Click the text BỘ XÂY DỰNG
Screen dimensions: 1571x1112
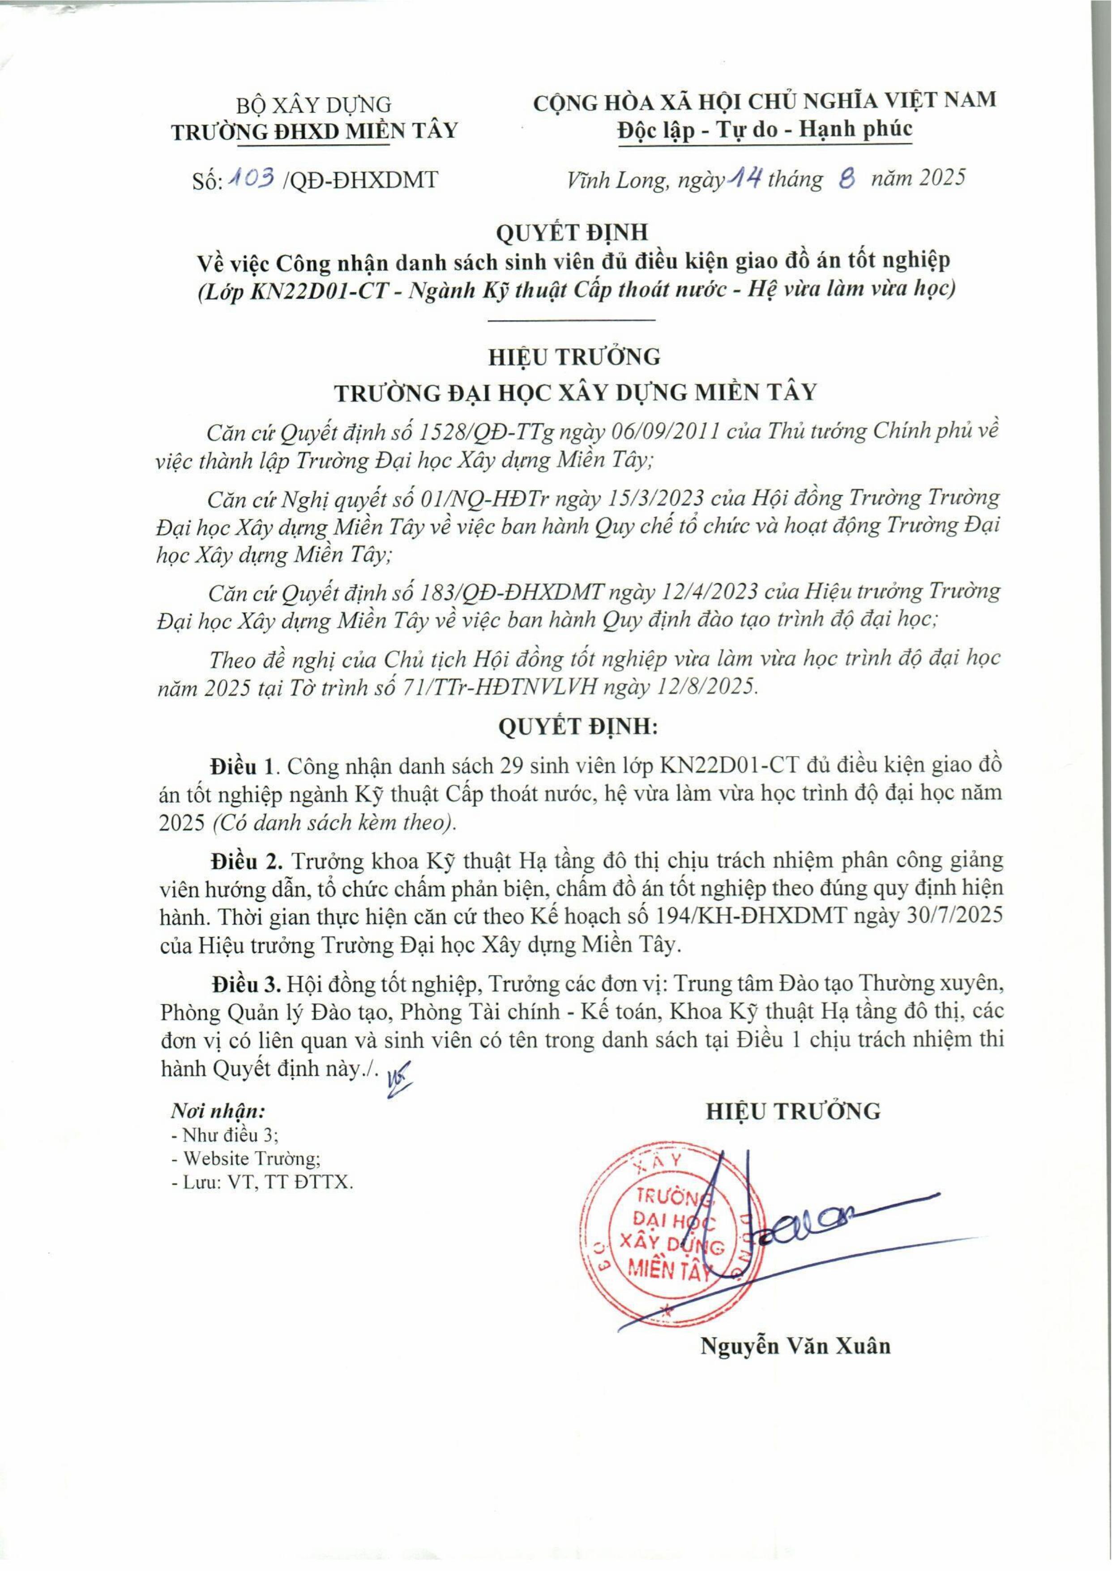[314, 105]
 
